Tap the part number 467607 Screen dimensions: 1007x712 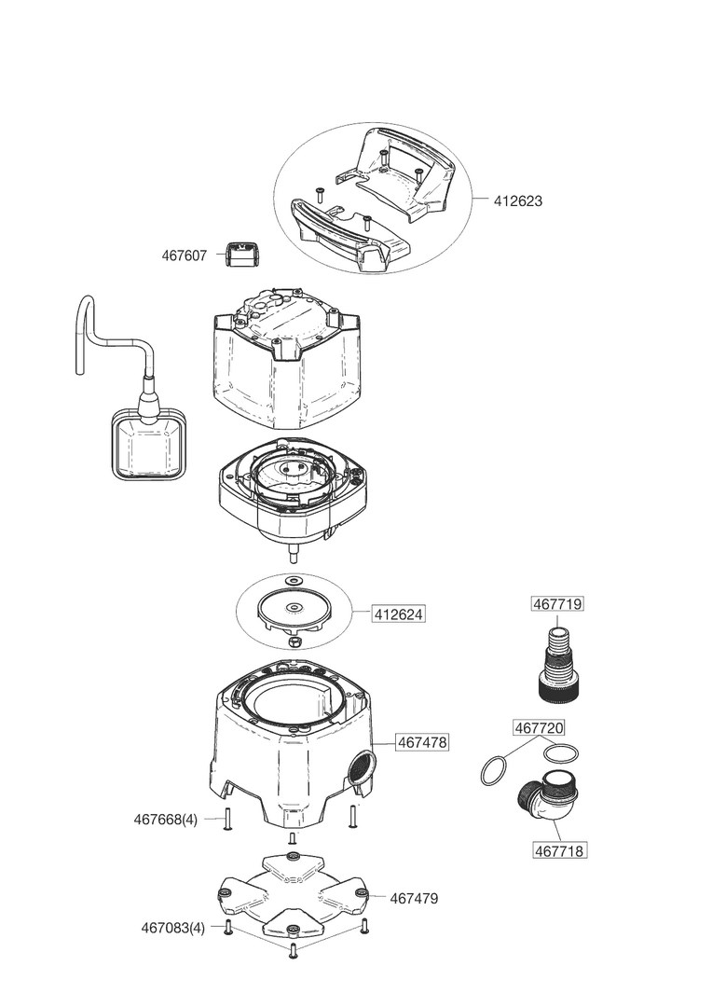pos(185,255)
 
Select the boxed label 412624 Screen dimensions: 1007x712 pos(399,614)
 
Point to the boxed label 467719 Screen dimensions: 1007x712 pos(557,604)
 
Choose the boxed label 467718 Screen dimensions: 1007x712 pos(560,850)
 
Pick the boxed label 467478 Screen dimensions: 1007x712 pos(422,743)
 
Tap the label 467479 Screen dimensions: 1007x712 pos(414,899)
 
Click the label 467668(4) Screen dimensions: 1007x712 pos(166,820)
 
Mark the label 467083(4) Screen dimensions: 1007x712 pos(172,928)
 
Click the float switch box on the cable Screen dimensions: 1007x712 pos(147,448)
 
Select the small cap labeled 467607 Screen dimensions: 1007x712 pos(241,254)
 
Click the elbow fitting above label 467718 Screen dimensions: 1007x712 pos(547,800)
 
